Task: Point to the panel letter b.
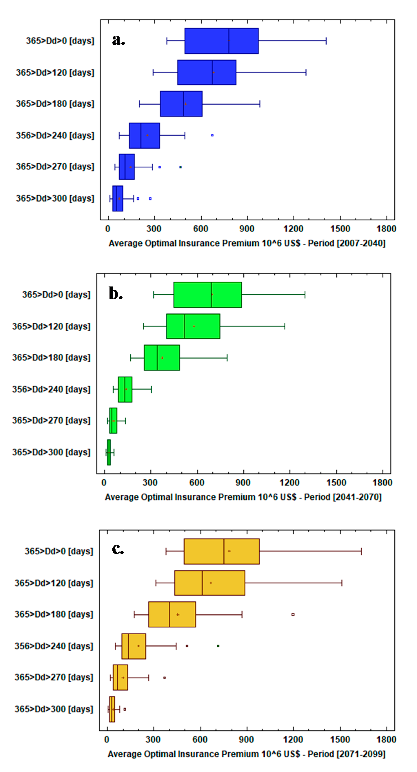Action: coord(115,293)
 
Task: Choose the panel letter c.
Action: coord(118,549)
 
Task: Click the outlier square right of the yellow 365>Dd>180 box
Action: coord(293,614)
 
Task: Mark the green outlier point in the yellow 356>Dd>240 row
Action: coord(218,646)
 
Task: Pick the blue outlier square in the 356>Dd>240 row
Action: coord(212,135)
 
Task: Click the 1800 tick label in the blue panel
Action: coord(386,229)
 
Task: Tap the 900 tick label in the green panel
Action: coord(243,483)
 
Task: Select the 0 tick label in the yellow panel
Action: coord(107,739)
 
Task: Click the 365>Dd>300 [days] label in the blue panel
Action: coord(55,198)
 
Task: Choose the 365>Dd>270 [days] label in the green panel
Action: coord(51,420)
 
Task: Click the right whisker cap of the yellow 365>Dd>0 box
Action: coord(361,551)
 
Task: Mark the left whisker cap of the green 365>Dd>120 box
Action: coord(144,326)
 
